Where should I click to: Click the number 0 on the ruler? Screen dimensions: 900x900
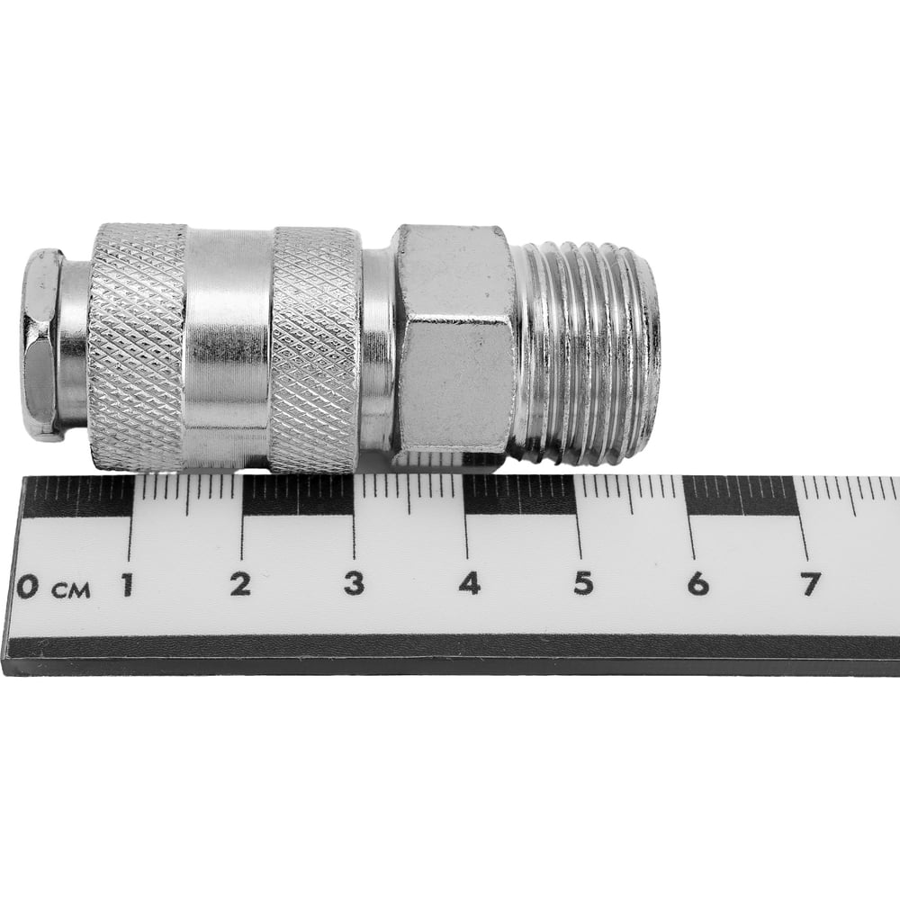[28, 587]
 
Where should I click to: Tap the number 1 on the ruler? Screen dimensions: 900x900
[128, 585]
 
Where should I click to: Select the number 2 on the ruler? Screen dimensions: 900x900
[240, 584]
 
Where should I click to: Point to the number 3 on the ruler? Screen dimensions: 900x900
[354, 583]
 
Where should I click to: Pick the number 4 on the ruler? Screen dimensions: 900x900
[469, 583]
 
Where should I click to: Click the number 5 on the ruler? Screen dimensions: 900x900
[583, 584]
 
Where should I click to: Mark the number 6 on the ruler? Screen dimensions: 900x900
[698, 584]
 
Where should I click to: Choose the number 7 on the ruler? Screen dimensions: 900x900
[811, 585]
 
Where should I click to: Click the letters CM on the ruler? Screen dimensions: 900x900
[71, 590]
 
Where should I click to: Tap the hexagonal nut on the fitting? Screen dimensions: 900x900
[454, 338]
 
